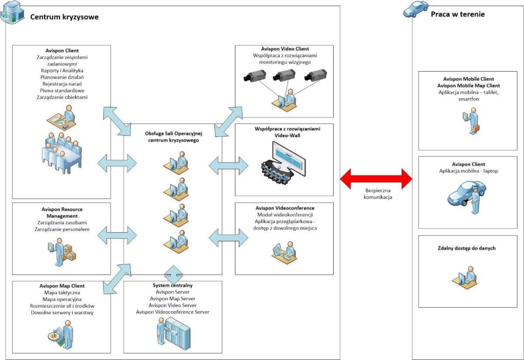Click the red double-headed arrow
(376, 178)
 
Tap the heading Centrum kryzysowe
(64, 17)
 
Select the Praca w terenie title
(457, 14)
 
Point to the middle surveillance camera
(284, 75)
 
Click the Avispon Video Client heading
(285, 49)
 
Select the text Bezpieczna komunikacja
(378, 194)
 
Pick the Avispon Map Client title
(62, 286)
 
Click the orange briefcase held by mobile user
(476, 128)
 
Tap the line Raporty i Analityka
(62, 71)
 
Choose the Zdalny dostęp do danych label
(467, 248)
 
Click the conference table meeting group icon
(62, 153)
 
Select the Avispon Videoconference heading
(285, 208)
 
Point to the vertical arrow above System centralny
(173, 275)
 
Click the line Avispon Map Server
(172, 299)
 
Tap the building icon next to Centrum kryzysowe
(13, 12)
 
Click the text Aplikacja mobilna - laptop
(469, 171)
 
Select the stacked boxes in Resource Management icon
(70, 253)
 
